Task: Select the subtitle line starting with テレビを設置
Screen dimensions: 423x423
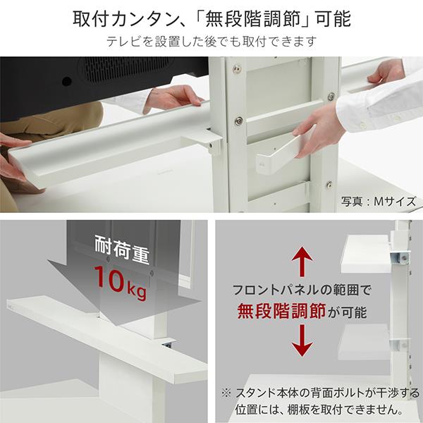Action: (x=211, y=42)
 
